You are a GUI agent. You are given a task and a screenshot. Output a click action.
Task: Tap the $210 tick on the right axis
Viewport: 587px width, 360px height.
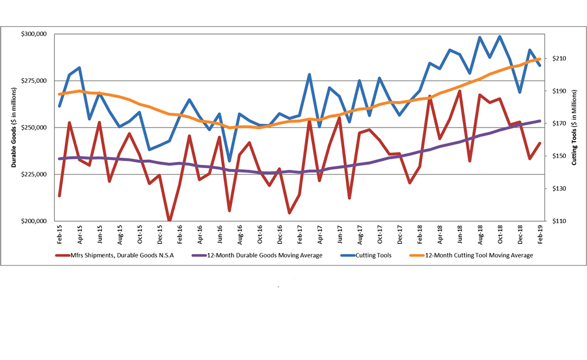click(556, 58)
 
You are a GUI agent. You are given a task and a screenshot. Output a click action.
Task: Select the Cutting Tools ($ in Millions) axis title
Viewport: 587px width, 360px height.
click(574, 128)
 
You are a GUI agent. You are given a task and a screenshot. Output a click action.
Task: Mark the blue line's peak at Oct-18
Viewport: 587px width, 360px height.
click(500, 36)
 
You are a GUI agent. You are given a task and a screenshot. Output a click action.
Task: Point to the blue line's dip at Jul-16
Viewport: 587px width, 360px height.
click(229, 161)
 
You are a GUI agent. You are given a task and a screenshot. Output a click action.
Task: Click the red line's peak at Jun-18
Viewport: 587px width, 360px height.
click(459, 91)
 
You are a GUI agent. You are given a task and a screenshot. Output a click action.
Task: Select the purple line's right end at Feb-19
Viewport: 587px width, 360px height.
click(540, 121)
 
